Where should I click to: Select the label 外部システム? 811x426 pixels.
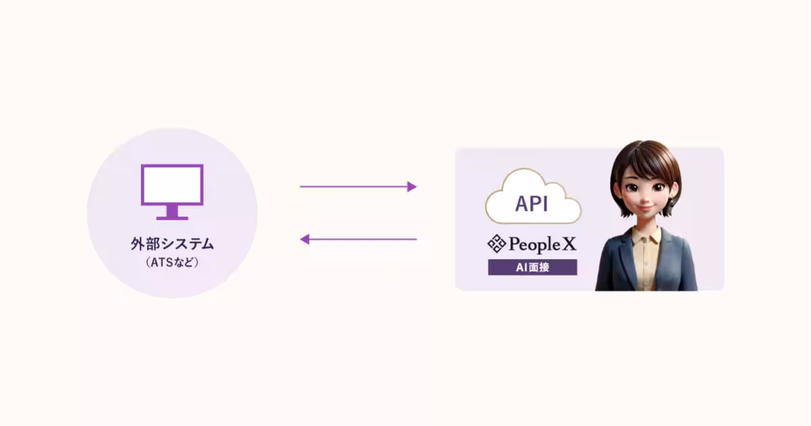(x=172, y=244)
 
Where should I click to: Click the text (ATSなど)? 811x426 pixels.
(x=172, y=262)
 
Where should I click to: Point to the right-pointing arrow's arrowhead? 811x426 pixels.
(x=412, y=187)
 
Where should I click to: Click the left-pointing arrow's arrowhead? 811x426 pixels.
(x=305, y=239)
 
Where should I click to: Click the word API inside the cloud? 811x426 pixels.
(x=531, y=204)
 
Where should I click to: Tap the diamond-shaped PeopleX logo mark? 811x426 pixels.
(x=496, y=243)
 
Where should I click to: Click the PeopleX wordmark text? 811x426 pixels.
(x=542, y=244)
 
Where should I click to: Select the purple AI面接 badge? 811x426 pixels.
(x=533, y=267)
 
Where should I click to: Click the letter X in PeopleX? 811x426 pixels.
(x=569, y=243)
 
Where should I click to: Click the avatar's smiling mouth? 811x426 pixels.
(x=645, y=208)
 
